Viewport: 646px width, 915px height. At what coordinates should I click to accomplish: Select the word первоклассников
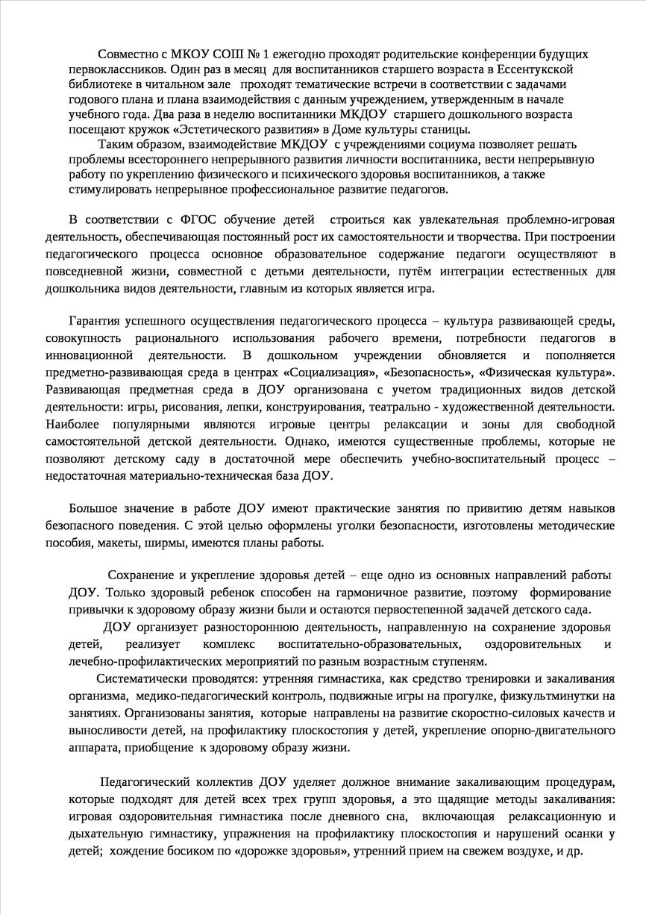(x=113, y=69)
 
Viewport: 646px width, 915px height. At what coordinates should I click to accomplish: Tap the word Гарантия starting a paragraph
(x=95, y=321)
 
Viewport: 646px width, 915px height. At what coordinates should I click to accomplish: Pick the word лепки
(x=267, y=406)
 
